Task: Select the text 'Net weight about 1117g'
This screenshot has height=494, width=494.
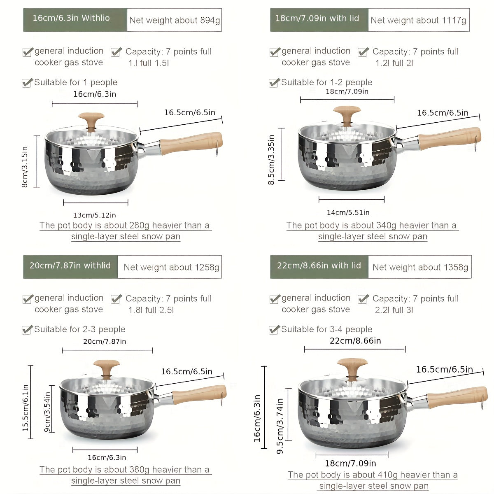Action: click(418, 20)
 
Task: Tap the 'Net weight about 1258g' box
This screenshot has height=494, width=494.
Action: click(171, 267)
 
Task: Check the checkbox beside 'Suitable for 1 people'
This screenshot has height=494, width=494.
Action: click(27, 83)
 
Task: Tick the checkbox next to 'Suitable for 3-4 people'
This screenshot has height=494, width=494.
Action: click(274, 330)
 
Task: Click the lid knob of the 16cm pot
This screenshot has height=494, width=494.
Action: click(91, 119)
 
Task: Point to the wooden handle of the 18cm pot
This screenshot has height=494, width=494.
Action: click(449, 138)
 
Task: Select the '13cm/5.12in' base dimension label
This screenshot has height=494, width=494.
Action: click(95, 215)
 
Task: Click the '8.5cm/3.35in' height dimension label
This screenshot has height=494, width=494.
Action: click(271, 160)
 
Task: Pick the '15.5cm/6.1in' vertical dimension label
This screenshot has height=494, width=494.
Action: click(26, 408)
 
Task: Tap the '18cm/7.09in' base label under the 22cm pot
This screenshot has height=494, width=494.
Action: click(350, 464)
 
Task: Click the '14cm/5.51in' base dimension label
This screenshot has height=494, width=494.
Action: click(348, 212)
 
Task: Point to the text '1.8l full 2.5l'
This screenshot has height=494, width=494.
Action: click(151, 310)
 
